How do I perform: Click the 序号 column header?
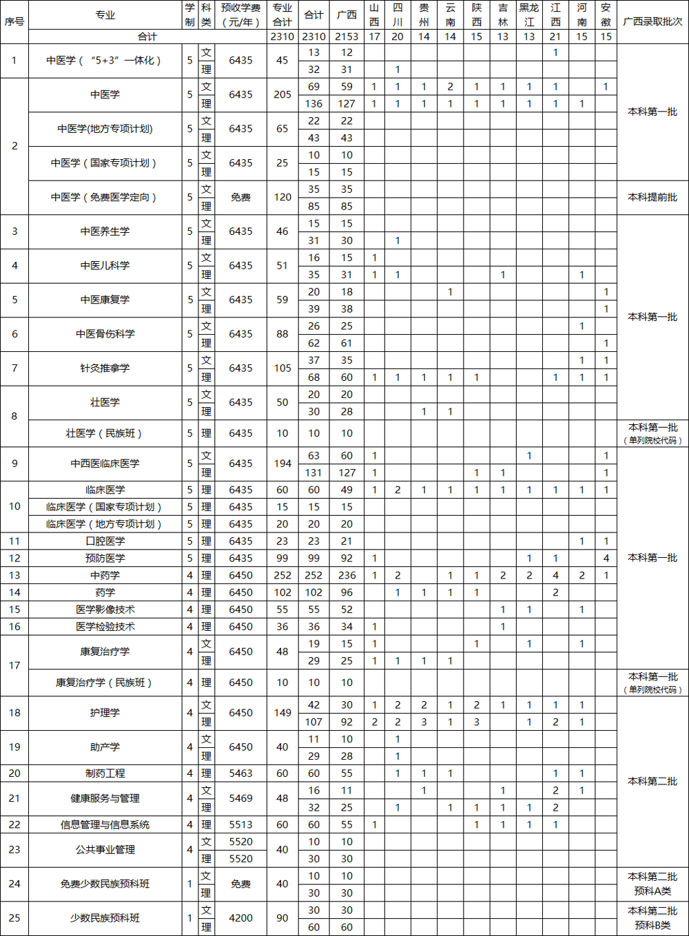pos(14,21)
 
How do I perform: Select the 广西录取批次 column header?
pos(652,21)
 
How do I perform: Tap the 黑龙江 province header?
pos(529,14)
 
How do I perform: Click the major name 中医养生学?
pos(105,231)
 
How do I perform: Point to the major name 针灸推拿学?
pos(105,368)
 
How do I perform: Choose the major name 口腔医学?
pos(105,541)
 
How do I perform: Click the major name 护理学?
pos(105,713)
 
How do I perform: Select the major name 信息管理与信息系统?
pos(105,824)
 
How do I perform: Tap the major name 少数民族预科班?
pos(105,918)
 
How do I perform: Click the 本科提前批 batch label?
pos(652,197)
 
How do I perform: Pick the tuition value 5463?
pos(240,773)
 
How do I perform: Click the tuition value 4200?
pos(240,918)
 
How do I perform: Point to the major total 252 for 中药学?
pos(282,575)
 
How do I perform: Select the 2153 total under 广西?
pos(347,37)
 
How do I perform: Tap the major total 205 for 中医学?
pos(282,94)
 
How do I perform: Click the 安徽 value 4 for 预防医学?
pos(606,559)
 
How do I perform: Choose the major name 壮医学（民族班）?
pos(105,433)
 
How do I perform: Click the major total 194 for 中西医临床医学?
pos(282,464)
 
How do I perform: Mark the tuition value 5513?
pos(240,824)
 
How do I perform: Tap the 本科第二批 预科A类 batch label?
pos(652,884)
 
